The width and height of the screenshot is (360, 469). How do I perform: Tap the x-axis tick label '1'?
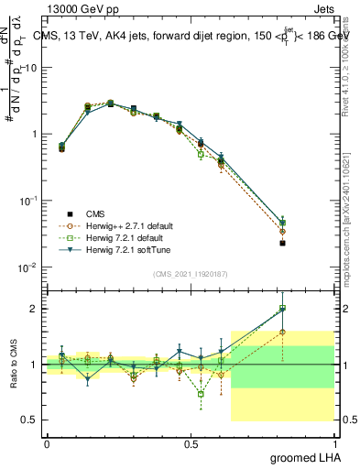click(x=334, y=443)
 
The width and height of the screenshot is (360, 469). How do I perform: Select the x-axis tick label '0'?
click(x=47, y=443)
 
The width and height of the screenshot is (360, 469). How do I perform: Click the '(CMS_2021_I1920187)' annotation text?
click(x=191, y=274)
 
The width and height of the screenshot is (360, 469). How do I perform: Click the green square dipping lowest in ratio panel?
click(x=201, y=395)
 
